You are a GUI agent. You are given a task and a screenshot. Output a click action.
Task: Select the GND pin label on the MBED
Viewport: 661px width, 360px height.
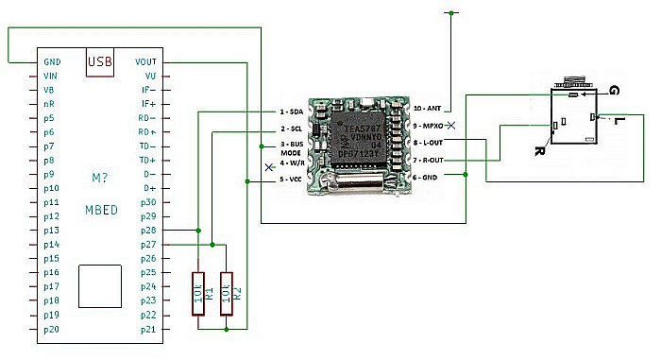(x=53, y=62)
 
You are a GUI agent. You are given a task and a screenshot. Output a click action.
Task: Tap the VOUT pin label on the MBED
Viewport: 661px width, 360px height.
(x=146, y=62)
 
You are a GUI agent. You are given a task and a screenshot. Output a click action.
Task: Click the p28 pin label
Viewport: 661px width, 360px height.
(x=148, y=230)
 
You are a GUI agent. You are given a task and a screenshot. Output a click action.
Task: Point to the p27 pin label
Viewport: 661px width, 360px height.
(x=148, y=244)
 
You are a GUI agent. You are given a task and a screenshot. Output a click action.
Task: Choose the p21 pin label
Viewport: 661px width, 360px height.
(x=148, y=329)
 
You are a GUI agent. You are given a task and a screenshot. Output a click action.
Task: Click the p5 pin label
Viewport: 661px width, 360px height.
(x=50, y=118)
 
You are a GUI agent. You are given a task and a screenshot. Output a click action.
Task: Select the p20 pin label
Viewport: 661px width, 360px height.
(x=52, y=329)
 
